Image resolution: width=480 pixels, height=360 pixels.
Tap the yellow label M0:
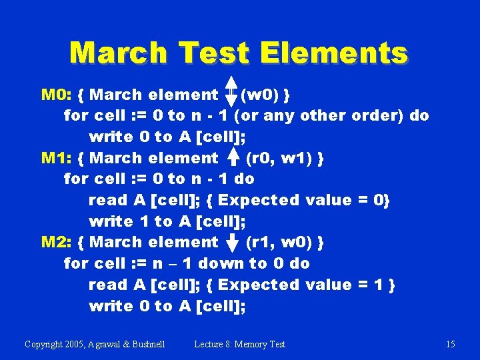tap(56, 95)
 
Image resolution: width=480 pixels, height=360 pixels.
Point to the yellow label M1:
tap(56, 158)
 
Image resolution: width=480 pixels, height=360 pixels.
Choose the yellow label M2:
tap(56, 242)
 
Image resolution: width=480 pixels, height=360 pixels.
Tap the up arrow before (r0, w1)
tap(233, 157)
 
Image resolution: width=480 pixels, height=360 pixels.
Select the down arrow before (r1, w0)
tap(233, 242)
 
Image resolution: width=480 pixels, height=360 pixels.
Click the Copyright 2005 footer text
tap(95, 344)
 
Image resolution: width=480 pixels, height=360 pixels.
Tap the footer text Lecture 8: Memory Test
tap(239, 344)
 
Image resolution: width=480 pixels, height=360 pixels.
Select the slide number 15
tap(451, 344)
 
